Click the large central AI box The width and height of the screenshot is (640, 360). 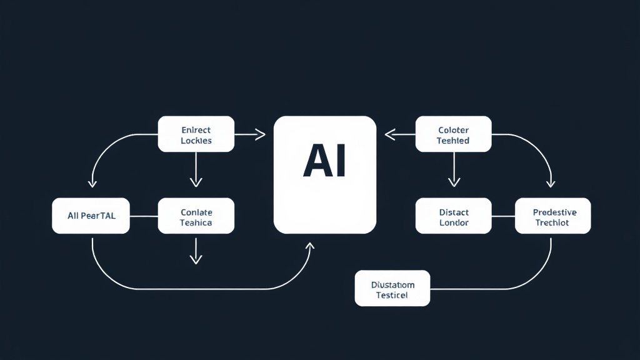325,175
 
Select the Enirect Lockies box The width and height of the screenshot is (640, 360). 196,134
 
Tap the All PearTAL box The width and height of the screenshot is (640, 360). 91,216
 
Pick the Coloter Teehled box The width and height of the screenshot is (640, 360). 454,134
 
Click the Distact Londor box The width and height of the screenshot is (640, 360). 454,217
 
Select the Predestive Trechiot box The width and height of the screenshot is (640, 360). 552,216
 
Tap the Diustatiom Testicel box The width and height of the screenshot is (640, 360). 392,288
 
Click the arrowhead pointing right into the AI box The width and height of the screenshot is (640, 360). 261,134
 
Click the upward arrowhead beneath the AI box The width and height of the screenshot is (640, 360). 309,247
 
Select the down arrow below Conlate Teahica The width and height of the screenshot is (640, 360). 196,256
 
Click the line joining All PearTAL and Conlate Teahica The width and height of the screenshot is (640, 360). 144,216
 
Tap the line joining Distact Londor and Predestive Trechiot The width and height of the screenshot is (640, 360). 503,216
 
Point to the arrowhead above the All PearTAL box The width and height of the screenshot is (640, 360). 92,182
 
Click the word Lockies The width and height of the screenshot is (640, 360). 196,141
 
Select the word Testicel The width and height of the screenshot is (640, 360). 392,295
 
